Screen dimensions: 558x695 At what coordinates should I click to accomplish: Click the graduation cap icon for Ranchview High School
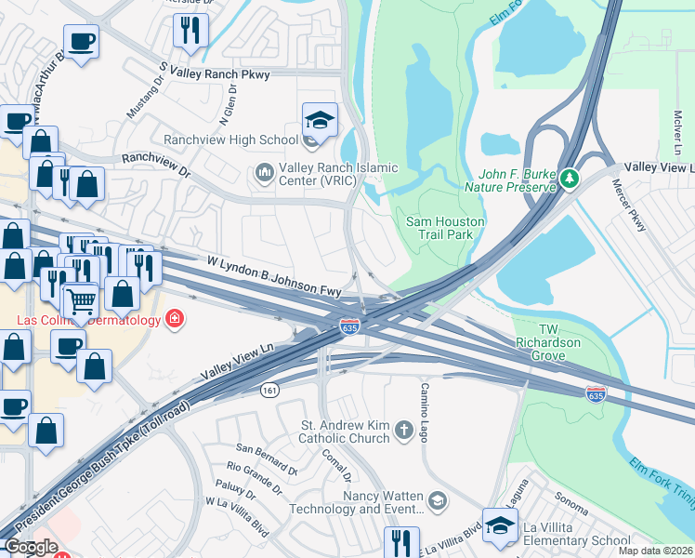(320, 121)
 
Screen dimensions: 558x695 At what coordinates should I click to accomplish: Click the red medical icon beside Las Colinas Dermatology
(174, 321)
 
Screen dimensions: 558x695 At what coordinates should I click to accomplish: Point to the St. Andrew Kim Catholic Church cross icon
(403, 430)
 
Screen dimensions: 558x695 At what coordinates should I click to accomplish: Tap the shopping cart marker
(81, 300)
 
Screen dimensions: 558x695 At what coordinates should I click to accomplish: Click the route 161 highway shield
(269, 388)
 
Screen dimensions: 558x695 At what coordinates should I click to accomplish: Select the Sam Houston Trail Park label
(440, 227)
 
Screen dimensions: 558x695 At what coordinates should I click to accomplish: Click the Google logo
(32, 547)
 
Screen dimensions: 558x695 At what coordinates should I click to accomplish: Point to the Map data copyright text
(655, 551)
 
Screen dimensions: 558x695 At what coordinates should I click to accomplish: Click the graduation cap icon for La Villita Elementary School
(501, 526)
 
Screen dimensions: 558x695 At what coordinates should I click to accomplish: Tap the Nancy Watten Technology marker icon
(438, 502)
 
